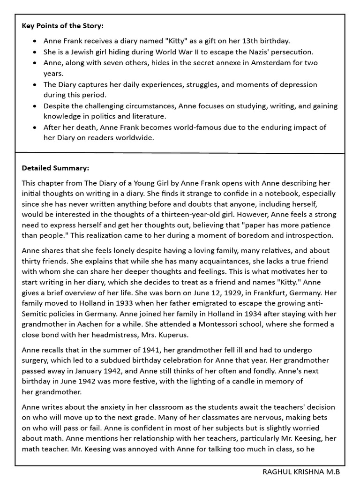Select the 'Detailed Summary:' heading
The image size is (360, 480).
(55, 167)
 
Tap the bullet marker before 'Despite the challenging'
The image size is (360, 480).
(36, 106)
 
